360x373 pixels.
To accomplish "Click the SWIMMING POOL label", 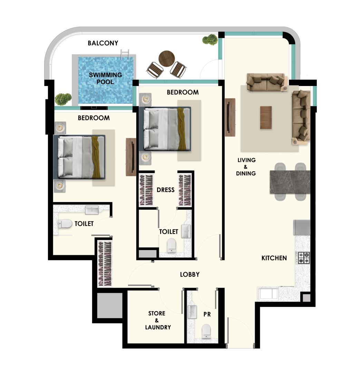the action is click(x=105, y=78).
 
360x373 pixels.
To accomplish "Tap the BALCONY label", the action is click(x=103, y=43).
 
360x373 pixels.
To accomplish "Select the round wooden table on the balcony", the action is click(x=167, y=58).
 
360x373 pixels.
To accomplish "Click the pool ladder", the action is click(x=125, y=55).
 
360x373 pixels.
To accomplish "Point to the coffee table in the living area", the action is click(x=266, y=117).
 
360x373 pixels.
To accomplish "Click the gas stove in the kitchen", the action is click(x=304, y=258).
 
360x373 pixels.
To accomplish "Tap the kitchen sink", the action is click(x=269, y=293).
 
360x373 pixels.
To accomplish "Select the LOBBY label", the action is click(x=189, y=275).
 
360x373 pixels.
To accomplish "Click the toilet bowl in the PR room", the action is click(x=206, y=331).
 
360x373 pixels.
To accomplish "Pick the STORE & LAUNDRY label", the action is click(x=158, y=320).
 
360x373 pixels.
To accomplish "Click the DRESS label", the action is click(x=165, y=190).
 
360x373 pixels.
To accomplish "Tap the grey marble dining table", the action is click(x=290, y=182).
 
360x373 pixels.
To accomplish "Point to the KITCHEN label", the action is click(x=274, y=258).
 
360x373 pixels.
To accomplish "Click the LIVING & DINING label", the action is click(x=246, y=167).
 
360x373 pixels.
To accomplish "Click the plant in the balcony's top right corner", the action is click(x=210, y=39).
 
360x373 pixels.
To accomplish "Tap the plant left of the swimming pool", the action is click(x=63, y=99).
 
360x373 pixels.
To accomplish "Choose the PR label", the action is click(x=207, y=314).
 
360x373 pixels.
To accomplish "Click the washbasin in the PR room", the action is click(x=192, y=312).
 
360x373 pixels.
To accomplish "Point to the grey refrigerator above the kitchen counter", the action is click(x=302, y=227).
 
